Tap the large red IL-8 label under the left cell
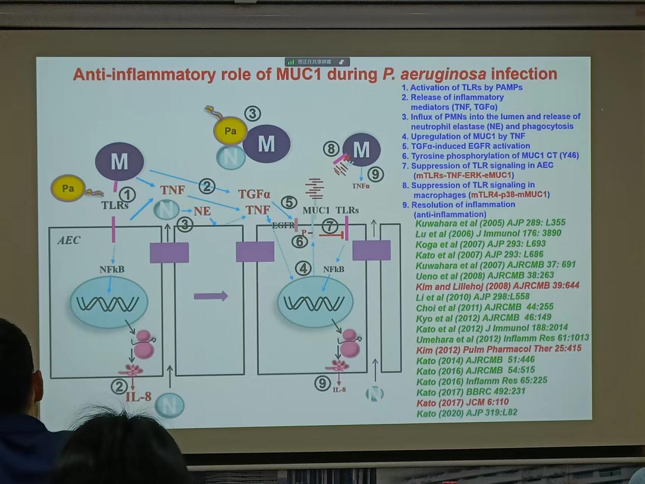point(138,396)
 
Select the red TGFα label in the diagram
point(254,194)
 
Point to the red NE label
point(202,210)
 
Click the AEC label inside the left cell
point(69,240)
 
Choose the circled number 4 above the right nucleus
point(303,267)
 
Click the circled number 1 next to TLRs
point(127,194)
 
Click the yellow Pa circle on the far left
point(68,189)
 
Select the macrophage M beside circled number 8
point(361,150)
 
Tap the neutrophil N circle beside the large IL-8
point(169,406)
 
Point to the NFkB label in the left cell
point(113,268)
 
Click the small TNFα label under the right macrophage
point(361,186)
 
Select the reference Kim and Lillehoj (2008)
point(497,286)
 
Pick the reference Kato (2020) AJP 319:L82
point(466,413)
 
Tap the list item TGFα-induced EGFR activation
point(465,146)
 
